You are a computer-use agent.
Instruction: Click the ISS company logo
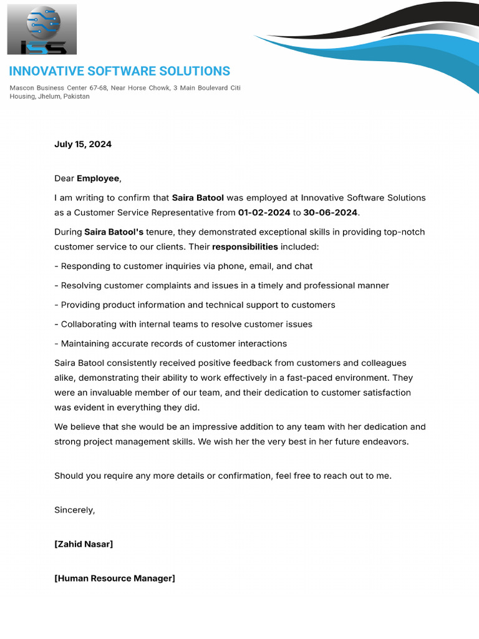tap(42, 29)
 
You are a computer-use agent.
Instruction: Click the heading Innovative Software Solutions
tap(119, 71)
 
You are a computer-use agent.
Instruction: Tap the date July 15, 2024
tap(83, 144)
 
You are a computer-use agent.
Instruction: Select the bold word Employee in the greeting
tap(97, 178)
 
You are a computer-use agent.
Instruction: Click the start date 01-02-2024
tap(264, 213)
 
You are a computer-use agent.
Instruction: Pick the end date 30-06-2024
tap(330, 213)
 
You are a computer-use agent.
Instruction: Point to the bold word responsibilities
tap(245, 247)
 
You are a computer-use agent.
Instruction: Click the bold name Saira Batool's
tap(114, 232)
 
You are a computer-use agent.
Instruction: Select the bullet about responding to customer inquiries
tap(183, 266)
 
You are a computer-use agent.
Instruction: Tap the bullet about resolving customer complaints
tap(221, 286)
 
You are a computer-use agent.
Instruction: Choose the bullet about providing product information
tap(195, 305)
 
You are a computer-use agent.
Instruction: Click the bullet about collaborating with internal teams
tap(183, 324)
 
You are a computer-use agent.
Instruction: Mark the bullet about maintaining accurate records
tap(170, 344)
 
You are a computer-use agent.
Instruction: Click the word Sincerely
tap(74, 510)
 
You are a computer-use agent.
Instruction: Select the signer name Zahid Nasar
tap(84, 544)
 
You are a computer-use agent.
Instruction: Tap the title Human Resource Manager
tap(115, 578)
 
